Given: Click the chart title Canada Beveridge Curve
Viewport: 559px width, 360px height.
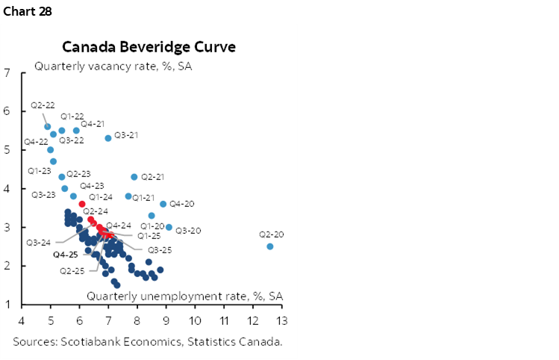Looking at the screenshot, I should [149, 47].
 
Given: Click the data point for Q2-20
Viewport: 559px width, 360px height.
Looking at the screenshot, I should [270, 246].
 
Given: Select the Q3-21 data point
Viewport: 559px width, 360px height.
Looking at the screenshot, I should [108, 138].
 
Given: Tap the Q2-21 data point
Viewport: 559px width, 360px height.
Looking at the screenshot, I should [134, 177].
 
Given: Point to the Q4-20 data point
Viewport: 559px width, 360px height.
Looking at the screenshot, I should [163, 204].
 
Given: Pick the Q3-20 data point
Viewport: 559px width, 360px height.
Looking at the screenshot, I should [169, 227].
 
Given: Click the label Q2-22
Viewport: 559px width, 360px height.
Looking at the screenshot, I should [42, 105].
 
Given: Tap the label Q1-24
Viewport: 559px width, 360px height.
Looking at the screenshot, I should [101, 197].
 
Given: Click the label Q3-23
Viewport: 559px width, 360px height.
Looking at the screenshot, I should [43, 194].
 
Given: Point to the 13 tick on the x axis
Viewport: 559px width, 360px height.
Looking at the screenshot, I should [281, 320].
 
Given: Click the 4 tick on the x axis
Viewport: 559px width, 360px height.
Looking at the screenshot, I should [22, 320].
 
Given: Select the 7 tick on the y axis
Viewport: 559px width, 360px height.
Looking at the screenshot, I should [7, 73].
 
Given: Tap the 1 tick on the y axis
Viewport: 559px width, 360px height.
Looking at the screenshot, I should [7, 305].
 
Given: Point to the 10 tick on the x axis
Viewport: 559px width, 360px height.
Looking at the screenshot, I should [195, 320].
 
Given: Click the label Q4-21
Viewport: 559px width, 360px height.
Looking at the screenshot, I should [93, 122].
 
